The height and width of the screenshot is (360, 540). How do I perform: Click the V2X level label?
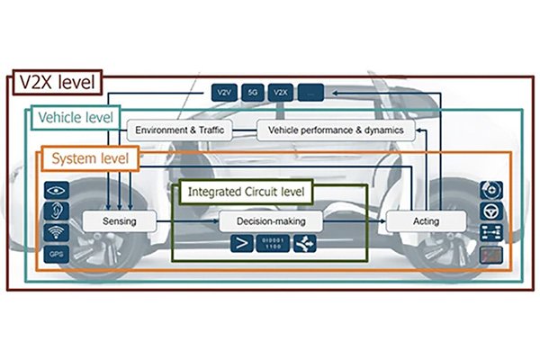point(57,84)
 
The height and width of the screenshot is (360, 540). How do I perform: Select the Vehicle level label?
point(75,118)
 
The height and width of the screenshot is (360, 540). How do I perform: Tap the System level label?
point(89,159)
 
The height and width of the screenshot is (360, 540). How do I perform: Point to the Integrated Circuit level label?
point(246,192)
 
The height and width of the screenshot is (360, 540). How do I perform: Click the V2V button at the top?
point(222,92)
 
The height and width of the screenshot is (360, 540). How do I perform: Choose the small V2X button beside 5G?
point(280,92)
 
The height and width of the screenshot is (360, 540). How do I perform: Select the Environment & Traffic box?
point(179,130)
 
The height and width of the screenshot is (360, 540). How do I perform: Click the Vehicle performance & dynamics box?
point(337,130)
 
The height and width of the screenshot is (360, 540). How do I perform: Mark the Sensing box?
point(119,220)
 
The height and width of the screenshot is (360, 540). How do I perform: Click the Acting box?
point(427,220)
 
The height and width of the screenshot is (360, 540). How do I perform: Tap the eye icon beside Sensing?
point(57,192)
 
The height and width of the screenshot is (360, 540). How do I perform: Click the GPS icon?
point(57,255)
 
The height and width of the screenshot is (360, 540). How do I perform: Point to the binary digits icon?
point(274,243)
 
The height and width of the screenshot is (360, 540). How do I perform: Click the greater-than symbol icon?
point(241,243)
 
